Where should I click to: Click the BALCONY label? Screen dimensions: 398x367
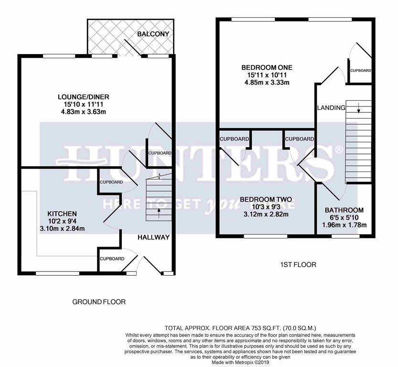(x=153, y=34)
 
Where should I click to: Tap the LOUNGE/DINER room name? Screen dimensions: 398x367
(x=84, y=97)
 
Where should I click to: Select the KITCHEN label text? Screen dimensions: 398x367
(x=62, y=214)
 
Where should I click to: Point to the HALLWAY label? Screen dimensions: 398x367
(x=153, y=237)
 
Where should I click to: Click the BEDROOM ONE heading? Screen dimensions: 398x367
(x=267, y=67)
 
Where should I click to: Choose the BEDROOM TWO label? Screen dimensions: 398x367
(x=266, y=199)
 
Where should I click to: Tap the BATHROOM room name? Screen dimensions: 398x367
(x=344, y=210)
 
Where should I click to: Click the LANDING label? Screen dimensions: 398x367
(x=331, y=108)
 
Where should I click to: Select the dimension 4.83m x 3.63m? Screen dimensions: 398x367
(x=84, y=112)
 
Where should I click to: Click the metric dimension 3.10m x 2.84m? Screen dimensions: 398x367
(x=62, y=229)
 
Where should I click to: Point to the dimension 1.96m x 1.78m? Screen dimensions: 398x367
(x=344, y=225)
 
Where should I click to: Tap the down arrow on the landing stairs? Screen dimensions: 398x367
(x=358, y=108)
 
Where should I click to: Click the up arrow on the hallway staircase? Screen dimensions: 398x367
(x=159, y=213)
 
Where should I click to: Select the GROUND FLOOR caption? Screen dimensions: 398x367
(x=99, y=302)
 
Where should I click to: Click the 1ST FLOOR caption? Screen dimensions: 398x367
(x=298, y=265)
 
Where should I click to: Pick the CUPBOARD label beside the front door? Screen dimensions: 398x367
(x=112, y=259)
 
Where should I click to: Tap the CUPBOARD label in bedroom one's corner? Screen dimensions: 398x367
(x=360, y=71)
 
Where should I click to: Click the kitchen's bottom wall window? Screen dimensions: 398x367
(x=57, y=274)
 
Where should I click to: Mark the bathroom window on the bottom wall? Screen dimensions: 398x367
(x=345, y=236)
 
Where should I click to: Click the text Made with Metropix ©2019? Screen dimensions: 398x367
(x=240, y=363)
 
